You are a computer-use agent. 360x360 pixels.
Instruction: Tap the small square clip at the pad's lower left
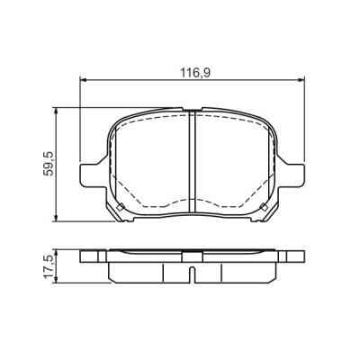point(119,209)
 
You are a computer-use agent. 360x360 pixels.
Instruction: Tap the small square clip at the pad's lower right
point(263,209)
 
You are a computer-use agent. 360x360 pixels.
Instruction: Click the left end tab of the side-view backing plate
point(90,256)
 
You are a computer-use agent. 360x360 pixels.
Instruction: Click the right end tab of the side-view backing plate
point(292,256)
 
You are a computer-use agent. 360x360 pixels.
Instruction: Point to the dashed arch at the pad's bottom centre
point(191,199)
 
